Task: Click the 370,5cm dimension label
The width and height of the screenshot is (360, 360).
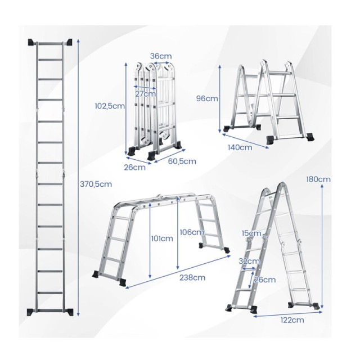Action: (96, 184)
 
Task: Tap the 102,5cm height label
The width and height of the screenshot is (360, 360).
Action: (110, 106)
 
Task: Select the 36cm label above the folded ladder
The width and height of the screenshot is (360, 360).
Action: (161, 56)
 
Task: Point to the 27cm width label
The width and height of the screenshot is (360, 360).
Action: (145, 94)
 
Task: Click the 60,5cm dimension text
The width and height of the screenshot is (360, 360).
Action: (182, 161)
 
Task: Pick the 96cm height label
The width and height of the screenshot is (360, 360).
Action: (207, 98)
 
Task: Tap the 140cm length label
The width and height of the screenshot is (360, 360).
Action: (240, 147)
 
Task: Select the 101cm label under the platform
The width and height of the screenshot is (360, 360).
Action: (162, 238)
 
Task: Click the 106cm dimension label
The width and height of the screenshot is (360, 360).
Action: (192, 232)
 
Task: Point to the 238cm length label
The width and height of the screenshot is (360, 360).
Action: (192, 277)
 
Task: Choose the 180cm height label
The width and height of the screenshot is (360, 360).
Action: (318, 179)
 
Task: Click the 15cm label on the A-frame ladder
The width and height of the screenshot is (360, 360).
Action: (251, 233)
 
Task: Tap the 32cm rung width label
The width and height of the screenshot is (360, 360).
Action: (249, 261)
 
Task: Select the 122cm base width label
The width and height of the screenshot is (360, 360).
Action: (292, 320)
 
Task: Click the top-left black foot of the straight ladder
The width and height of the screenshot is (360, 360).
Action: (31, 42)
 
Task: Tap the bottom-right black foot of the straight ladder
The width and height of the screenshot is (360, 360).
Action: (69, 312)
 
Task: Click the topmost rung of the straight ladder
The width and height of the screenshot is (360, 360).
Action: (50, 43)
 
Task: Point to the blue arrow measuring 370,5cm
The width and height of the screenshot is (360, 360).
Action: (78, 178)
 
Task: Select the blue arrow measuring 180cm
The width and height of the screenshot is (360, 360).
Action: (322, 246)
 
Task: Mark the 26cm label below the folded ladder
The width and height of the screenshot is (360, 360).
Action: (135, 168)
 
